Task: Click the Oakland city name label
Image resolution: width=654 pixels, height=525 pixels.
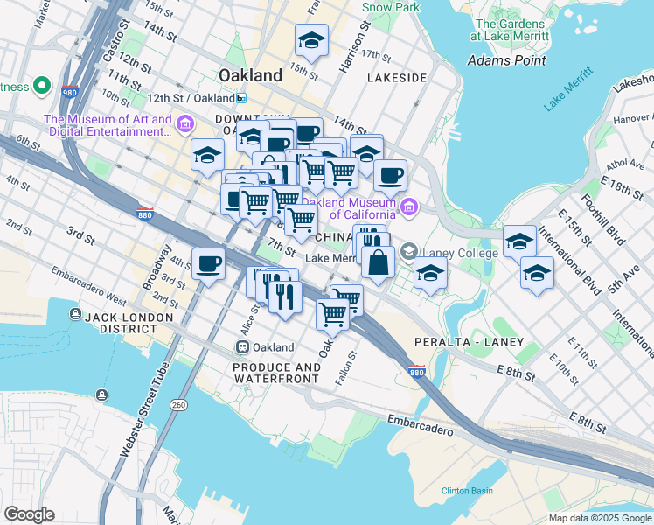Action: click(250, 75)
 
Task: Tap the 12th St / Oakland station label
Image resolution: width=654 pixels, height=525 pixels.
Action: click(197, 98)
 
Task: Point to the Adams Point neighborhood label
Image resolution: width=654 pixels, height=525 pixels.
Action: click(507, 60)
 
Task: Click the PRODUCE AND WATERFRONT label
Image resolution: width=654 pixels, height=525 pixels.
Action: click(276, 373)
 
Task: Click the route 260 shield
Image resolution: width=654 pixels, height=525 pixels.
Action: click(178, 404)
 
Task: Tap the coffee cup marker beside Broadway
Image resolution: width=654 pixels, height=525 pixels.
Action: click(208, 263)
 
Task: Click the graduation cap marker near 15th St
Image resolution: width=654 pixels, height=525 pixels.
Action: click(310, 40)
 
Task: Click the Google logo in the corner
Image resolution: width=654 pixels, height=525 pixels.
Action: click(29, 514)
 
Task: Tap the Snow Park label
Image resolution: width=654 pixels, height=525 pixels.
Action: click(390, 7)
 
